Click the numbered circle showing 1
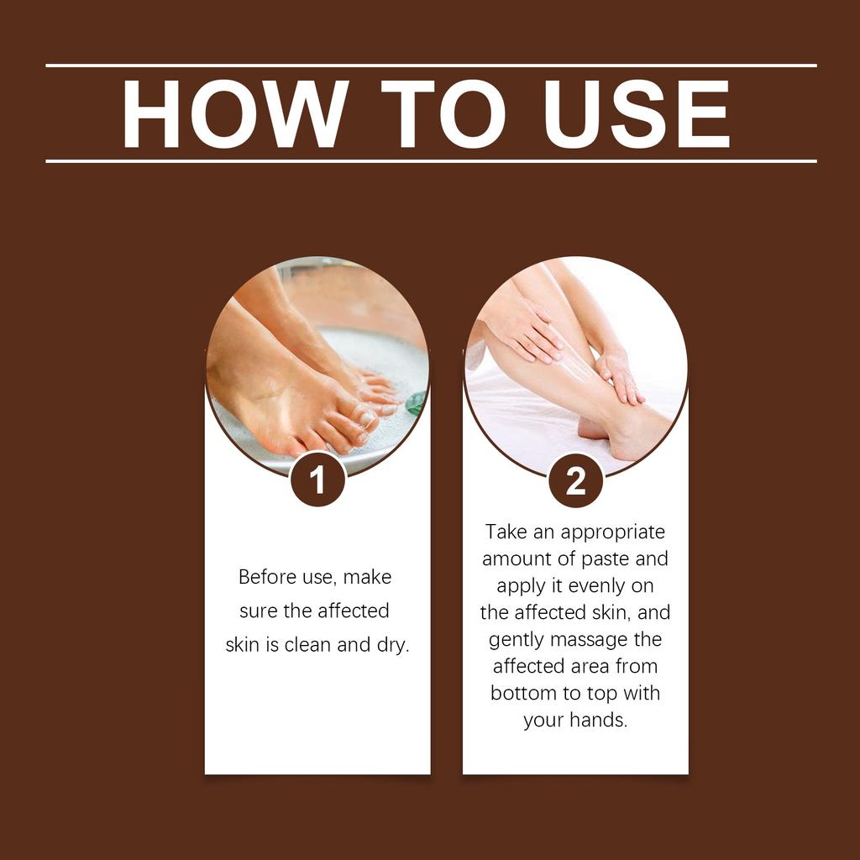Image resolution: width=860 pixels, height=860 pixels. click(x=317, y=480)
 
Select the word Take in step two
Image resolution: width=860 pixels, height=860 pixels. click(x=506, y=532)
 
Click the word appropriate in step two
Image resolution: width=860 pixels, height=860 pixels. click(x=613, y=532)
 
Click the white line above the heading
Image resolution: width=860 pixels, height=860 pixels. click(x=430, y=65)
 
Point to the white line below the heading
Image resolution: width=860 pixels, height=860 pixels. click(x=430, y=160)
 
